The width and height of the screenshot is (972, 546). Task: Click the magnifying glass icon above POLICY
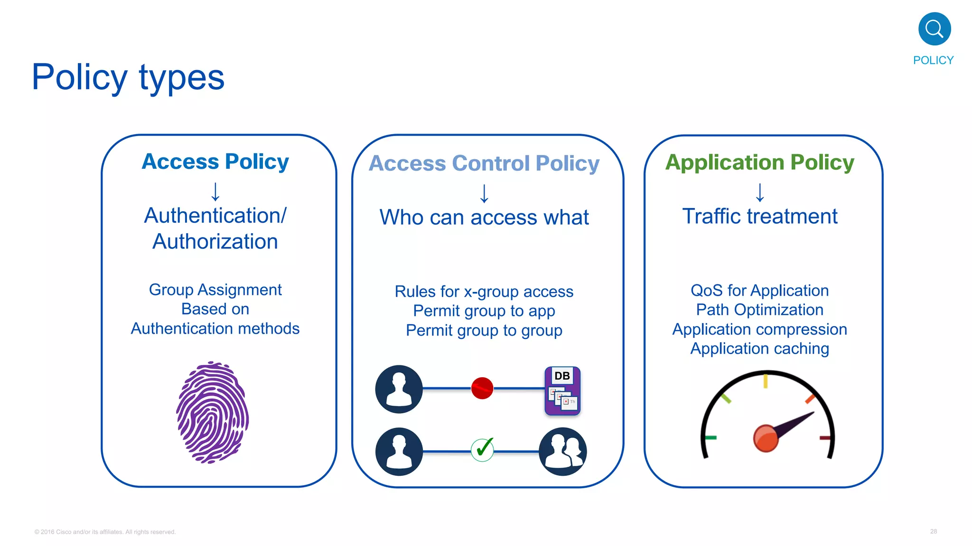pos(934,29)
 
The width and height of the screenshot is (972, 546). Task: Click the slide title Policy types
pos(128,77)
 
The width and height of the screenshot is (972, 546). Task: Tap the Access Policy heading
pos(215,161)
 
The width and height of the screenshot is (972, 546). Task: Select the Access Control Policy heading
pos(484,163)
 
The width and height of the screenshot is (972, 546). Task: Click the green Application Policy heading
pos(759,162)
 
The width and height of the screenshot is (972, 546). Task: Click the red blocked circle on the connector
pos(482,388)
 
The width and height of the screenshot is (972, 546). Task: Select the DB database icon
pos(562,391)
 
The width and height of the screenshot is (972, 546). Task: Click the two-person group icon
pos(562,451)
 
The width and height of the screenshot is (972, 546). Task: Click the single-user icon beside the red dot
pos(399,389)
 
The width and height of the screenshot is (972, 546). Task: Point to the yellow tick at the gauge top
pos(766,381)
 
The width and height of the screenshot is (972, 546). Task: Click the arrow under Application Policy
pos(760,192)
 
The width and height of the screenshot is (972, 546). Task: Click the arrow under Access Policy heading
pos(215,191)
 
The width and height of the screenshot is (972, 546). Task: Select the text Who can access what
pos(484,217)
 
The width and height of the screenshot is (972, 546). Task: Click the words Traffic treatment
pos(759,216)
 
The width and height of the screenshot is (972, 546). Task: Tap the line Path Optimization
pos(759,309)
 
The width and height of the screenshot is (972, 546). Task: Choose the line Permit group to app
pos(484,311)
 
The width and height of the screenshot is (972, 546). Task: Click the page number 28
pos(933,531)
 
